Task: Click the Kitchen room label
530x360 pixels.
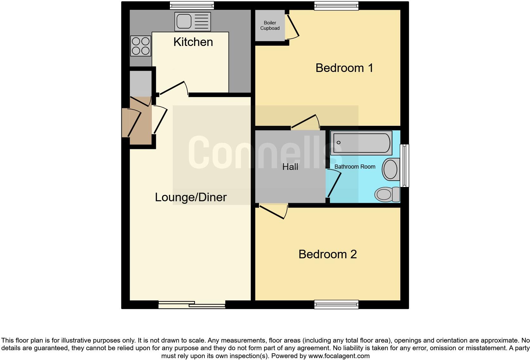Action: point(193,42)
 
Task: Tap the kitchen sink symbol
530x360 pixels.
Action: point(192,22)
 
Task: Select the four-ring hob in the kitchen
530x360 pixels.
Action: point(140,46)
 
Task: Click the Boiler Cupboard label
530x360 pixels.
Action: point(270,25)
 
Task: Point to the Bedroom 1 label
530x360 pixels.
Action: point(344,68)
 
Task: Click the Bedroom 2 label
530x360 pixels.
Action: point(327,254)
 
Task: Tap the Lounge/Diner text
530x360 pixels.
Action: point(191,197)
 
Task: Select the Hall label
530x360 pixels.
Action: point(290,167)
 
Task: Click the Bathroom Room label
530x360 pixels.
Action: point(355,167)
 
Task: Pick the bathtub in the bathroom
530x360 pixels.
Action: point(361,143)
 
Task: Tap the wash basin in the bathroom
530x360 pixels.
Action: point(391,169)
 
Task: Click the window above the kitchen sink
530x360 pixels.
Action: point(191,5)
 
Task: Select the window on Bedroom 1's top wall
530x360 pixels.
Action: point(336,5)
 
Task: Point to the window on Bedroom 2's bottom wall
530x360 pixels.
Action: point(336,305)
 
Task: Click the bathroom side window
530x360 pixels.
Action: point(404,165)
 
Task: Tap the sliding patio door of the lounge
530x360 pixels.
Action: point(192,305)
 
